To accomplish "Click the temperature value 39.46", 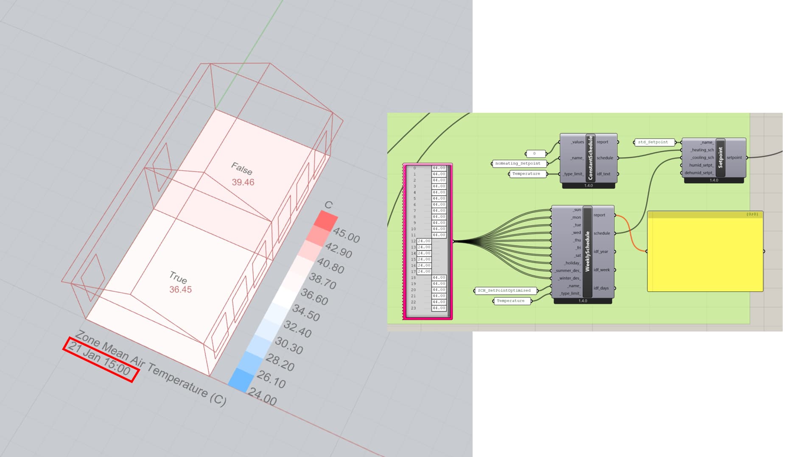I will point(243,182).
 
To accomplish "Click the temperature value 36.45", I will point(180,290).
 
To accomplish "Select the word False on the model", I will point(242,169).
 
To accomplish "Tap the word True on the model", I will point(178,277).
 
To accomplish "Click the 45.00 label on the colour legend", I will point(346,235).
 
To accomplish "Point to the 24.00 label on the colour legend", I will point(262,397).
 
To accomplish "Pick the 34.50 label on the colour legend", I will point(306,313).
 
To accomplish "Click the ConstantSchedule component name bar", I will point(590,158).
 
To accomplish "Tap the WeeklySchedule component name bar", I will point(587,251).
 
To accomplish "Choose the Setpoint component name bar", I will point(720,157).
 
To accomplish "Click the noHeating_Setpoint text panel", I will point(518,164).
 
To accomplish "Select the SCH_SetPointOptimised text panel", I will point(504,291).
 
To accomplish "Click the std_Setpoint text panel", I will point(653,142).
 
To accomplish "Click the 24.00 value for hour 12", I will point(424,241).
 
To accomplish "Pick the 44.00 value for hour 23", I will point(439,308).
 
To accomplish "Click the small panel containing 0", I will point(535,154).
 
